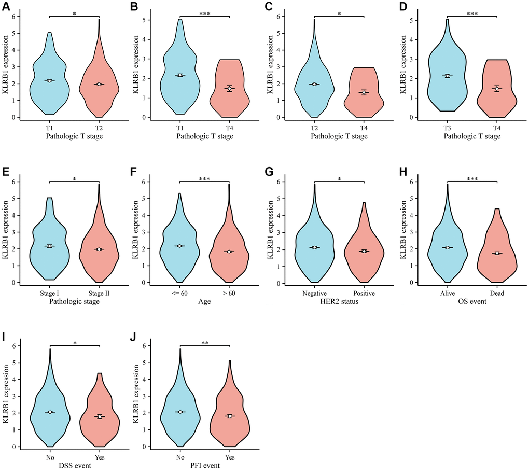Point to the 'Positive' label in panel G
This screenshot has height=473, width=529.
(x=365, y=293)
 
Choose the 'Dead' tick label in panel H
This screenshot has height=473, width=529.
(x=497, y=293)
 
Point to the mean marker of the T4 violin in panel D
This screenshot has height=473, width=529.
(x=497, y=89)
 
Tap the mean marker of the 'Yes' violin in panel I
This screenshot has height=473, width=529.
(x=99, y=416)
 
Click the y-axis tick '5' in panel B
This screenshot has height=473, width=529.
(x=150, y=20)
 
